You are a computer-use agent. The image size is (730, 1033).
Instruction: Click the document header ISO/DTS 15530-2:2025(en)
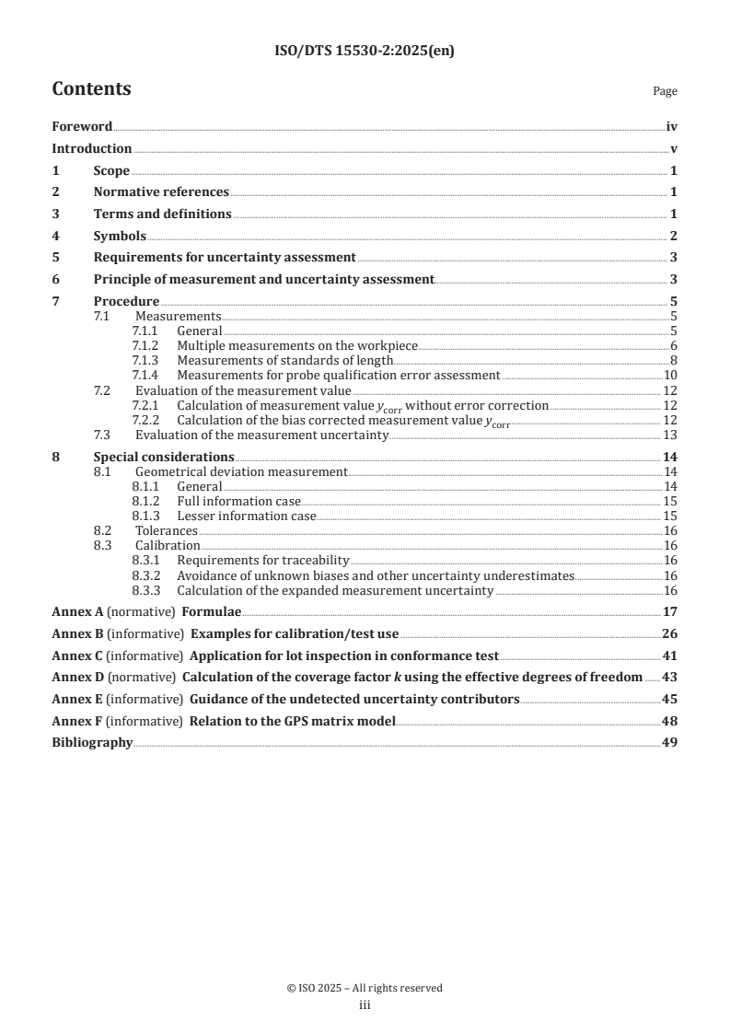(x=365, y=52)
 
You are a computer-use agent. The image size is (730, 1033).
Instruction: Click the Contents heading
(x=91, y=89)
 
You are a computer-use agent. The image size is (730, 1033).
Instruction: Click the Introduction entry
(x=91, y=148)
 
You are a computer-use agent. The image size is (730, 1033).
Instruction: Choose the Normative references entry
(x=161, y=192)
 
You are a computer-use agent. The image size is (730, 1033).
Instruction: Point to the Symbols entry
(x=120, y=236)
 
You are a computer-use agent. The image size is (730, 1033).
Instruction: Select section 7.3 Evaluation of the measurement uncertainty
(x=261, y=435)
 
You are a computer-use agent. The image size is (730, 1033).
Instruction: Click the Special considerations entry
(x=163, y=457)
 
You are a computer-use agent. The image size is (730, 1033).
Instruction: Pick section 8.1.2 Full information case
(x=238, y=501)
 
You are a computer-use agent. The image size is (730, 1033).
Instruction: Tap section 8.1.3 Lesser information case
(x=246, y=516)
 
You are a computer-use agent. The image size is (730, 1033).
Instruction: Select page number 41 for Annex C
(x=670, y=656)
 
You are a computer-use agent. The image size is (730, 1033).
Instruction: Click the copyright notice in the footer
(x=365, y=988)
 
